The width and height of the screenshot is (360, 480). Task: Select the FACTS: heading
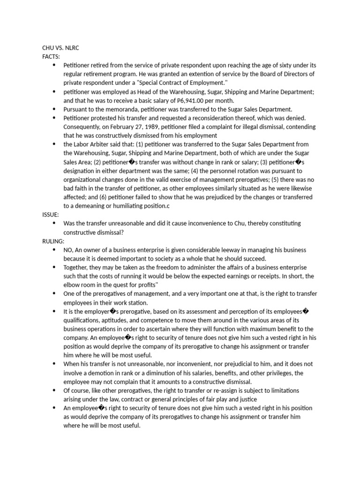click(51, 56)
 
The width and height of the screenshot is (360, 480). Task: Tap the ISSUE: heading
click(51, 214)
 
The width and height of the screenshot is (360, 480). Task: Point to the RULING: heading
click(53, 241)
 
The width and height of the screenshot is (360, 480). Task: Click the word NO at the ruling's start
click(68, 250)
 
